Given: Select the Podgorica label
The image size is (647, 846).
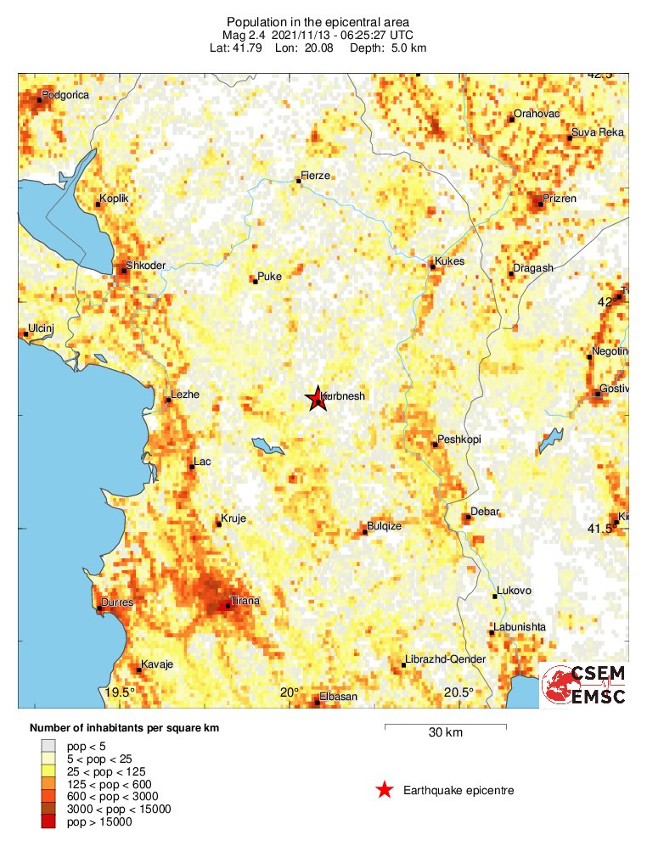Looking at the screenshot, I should click(x=65, y=95).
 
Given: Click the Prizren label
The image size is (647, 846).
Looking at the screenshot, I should click(x=559, y=199).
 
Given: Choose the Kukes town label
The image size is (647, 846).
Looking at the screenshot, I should click(x=449, y=261).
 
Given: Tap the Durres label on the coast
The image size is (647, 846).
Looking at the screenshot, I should click(x=117, y=603).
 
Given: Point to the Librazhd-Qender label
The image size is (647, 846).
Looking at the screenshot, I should click(x=446, y=660).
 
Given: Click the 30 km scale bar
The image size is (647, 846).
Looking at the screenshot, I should click(x=446, y=726).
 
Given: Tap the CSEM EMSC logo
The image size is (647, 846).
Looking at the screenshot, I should click(x=585, y=686).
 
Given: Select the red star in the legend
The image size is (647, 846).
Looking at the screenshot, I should click(x=385, y=791).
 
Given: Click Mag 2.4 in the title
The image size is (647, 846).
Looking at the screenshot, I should click(x=246, y=35).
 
